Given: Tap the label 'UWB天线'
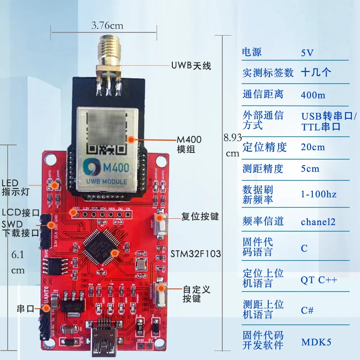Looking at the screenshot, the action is [x=191, y=66].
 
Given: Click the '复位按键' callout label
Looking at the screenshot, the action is [x=200, y=216].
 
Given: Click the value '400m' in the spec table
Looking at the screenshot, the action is [x=312, y=95].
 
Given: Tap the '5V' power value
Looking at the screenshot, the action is [x=307, y=53].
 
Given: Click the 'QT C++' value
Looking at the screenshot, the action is [x=319, y=280].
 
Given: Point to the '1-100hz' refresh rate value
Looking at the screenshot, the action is [x=318, y=194].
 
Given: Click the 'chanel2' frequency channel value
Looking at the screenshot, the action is [x=318, y=222].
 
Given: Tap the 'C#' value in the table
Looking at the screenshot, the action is [x=307, y=310].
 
